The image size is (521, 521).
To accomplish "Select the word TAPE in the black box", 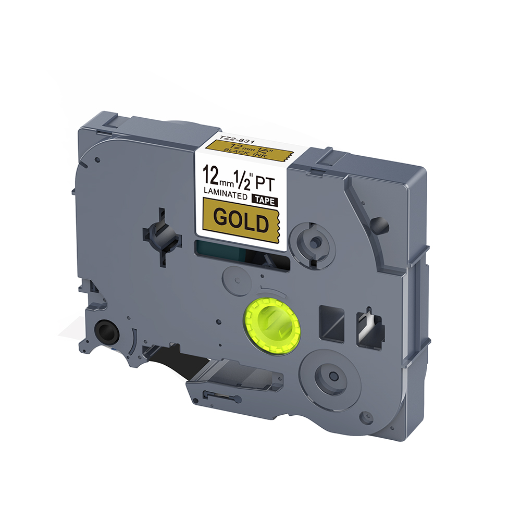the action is (265, 201).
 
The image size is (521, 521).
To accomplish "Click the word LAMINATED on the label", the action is (225, 194).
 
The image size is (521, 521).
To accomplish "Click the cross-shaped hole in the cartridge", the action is (162, 237).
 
